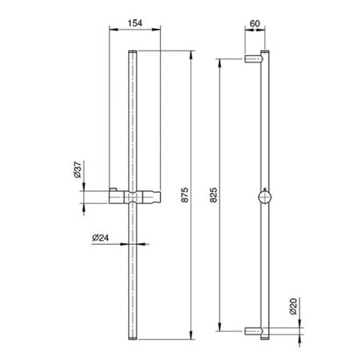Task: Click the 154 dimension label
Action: tap(135, 23)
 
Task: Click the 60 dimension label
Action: tap(254, 23)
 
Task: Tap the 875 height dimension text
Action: tap(185, 195)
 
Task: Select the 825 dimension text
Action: tap(214, 195)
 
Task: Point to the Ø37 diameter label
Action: tap(77, 170)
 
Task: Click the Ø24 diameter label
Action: tap(101, 238)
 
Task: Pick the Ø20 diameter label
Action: tap(293, 306)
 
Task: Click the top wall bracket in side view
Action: tap(254, 58)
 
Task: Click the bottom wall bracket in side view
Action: tap(254, 331)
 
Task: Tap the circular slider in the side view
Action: tap(265, 197)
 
